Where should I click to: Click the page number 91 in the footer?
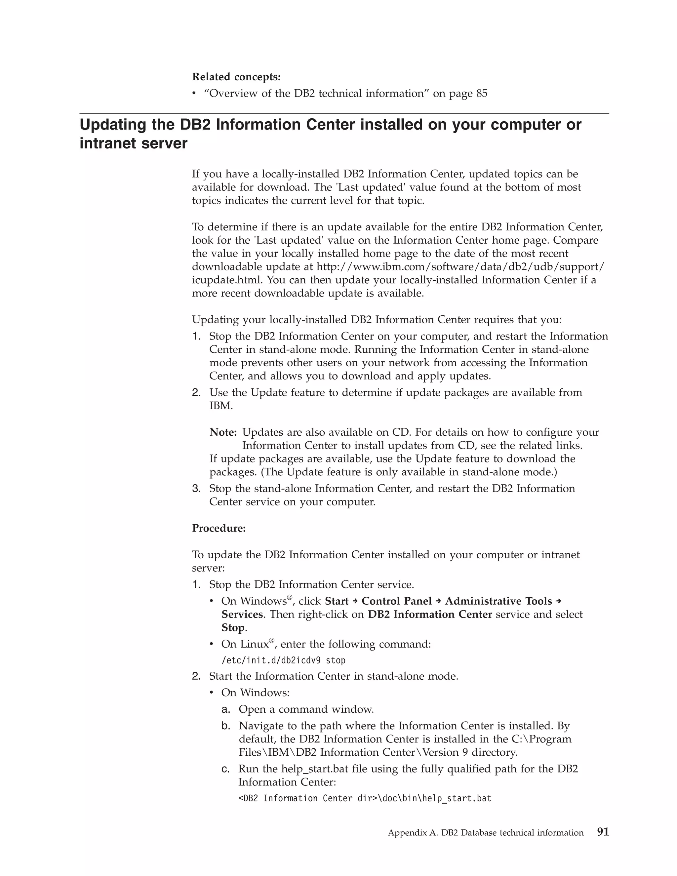603,832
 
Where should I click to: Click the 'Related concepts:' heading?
236,77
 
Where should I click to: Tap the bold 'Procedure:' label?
219,528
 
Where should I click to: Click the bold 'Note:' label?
223,432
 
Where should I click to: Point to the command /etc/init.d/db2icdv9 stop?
283,660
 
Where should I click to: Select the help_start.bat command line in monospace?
365,798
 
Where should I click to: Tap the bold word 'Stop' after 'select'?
233,628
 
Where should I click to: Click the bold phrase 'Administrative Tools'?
498,601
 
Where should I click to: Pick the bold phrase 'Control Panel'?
396,601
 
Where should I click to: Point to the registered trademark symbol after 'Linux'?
271,641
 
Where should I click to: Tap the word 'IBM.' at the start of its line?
220,406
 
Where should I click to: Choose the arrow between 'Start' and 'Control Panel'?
355,601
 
